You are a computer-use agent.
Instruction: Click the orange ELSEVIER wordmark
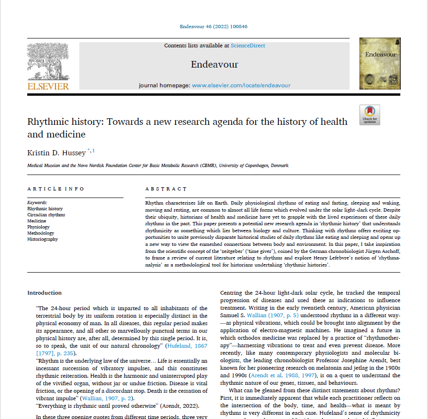(x=48, y=86)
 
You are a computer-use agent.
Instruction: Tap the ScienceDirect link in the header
(x=248, y=46)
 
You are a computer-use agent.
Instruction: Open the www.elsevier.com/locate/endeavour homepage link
(x=241, y=85)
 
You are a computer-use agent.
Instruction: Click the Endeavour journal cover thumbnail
(x=380, y=64)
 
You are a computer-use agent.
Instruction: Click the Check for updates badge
(x=369, y=114)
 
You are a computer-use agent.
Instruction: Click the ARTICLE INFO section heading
(x=56, y=189)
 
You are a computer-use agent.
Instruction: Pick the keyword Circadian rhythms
(x=46, y=215)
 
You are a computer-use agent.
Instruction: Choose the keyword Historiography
(x=43, y=239)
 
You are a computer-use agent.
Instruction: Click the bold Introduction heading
(x=45, y=293)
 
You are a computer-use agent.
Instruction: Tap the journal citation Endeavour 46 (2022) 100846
(x=214, y=26)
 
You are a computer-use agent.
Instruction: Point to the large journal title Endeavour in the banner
(x=214, y=64)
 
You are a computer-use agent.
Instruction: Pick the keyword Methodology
(x=41, y=233)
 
